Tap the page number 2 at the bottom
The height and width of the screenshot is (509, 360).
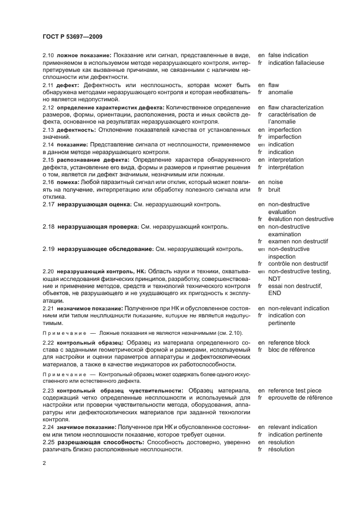tap(44, 463)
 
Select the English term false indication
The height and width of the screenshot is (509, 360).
tap(288, 56)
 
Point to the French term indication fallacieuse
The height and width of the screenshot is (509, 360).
tap(296, 63)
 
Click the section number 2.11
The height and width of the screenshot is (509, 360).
tap(48, 85)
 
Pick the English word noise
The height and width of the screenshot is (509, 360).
tap(276, 182)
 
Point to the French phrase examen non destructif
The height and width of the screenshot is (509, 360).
tap(298, 241)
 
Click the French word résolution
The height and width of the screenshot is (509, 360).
tap(282, 450)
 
